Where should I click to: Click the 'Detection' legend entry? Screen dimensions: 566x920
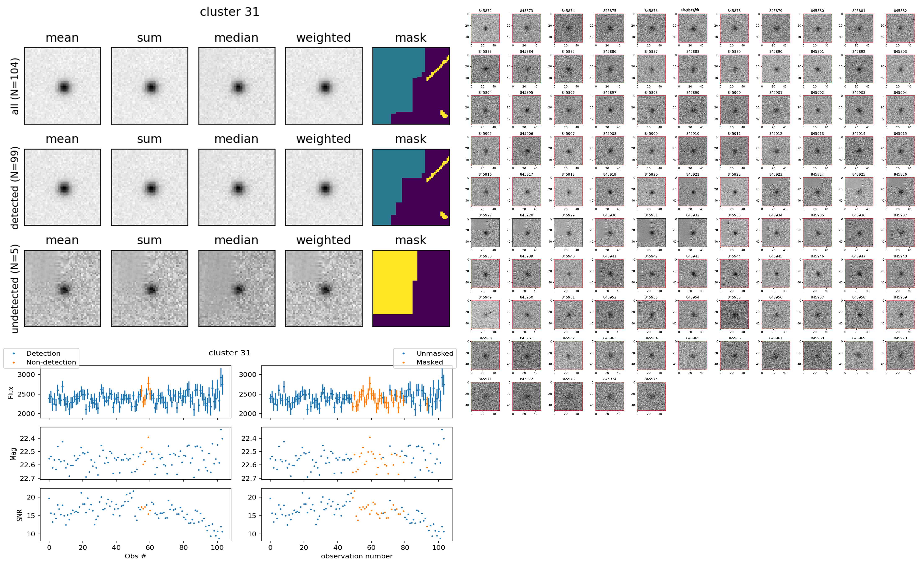click(x=43, y=353)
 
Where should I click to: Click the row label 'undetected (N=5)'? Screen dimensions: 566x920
click(x=15, y=289)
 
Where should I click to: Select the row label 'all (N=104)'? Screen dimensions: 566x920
click(x=15, y=86)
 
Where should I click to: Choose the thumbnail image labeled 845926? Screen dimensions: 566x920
click(x=900, y=192)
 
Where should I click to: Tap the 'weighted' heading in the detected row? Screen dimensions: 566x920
click(x=323, y=139)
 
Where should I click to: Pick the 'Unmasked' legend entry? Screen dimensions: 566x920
click(x=435, y=353)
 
